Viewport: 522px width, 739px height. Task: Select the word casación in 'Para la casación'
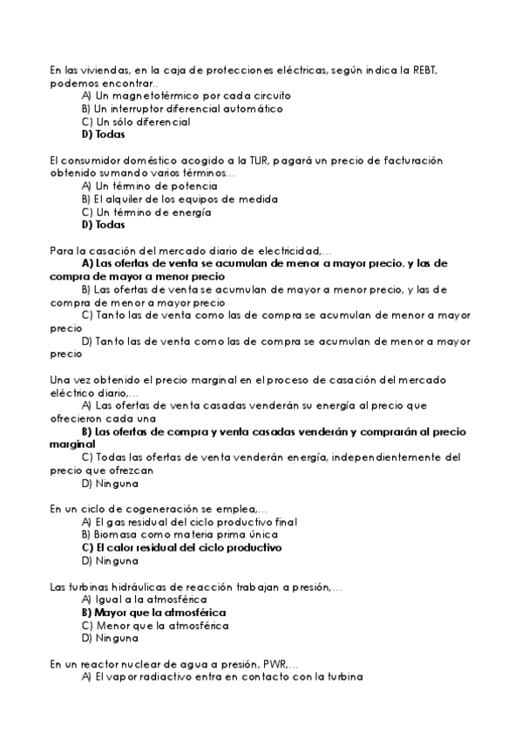(112, 250)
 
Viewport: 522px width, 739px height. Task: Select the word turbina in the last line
(342, 677)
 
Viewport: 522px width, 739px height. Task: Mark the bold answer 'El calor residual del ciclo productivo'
(181, 547)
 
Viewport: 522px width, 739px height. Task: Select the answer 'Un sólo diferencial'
(135, 122)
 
